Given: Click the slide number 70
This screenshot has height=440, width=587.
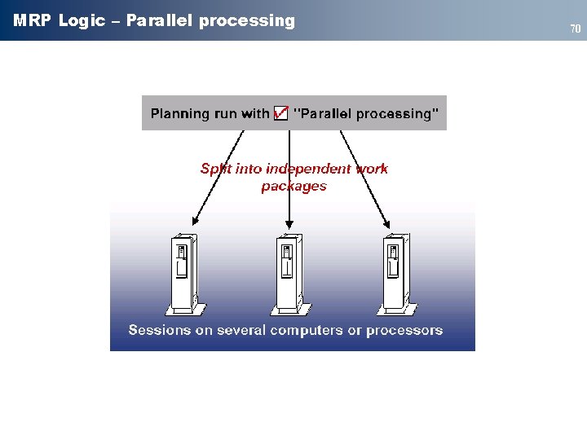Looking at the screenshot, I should click(x=575, y=29).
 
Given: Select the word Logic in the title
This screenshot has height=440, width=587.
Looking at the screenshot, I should click(x=82, y=21).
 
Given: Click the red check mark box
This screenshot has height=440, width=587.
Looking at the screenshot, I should click(x=280, y=113).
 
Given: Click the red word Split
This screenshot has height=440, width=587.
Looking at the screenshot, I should click(x=216, y=169).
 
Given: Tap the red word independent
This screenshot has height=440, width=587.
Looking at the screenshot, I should click(x=298, y=169).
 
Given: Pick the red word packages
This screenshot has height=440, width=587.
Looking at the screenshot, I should click(x=293, y=187).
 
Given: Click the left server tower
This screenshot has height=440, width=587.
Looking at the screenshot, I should click(x=183, y=273).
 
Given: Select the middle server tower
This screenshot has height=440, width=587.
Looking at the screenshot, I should click(x=288, y=273).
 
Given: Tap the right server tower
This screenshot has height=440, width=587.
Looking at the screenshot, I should click(x=395, y=273).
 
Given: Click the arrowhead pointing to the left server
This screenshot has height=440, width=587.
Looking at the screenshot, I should click(x=194, y=221).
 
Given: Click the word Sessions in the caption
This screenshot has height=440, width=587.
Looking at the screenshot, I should click(x=159, y=331).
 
